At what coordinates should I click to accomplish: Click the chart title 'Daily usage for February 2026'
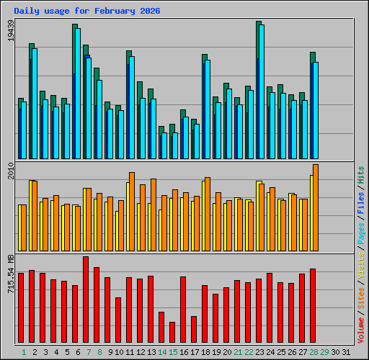tap(87, 12)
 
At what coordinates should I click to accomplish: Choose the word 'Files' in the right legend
tap(360, 203)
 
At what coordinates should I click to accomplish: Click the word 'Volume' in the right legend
tap(360, 328)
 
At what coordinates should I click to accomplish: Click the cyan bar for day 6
tap(78, 94)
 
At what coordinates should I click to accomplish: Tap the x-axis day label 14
tap(162, 352)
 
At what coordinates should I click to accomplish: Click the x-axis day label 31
tap(346, 352)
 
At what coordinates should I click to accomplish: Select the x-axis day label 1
tap(24, 352)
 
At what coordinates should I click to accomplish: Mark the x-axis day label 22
tap(249, 352)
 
